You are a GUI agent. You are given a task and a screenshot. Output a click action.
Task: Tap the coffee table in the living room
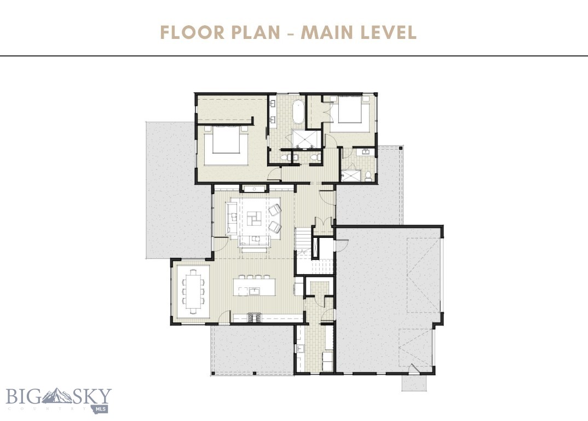tap(254, 217)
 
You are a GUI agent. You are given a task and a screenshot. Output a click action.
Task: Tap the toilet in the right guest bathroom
tap(369, 175)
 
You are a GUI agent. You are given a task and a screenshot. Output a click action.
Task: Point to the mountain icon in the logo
tap(58, 396)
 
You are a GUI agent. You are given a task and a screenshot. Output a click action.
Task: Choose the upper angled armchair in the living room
tap(275, 209)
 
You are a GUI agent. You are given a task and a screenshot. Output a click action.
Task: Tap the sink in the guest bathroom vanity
tap(361, 153)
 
